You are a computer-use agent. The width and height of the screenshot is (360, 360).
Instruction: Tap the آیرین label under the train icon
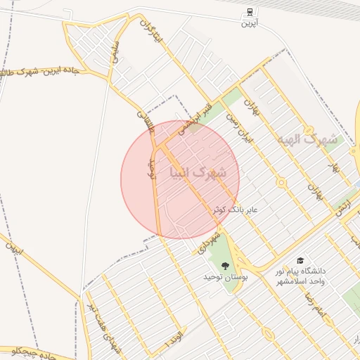(250, 24)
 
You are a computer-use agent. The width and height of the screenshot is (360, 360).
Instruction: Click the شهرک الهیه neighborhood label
(307, 139)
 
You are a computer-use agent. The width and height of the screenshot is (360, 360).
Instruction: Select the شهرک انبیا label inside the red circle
(198, 172)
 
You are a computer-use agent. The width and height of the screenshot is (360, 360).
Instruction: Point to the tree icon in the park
(225, 266)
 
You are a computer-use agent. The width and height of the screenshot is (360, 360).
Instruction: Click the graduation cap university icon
(300, 261)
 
